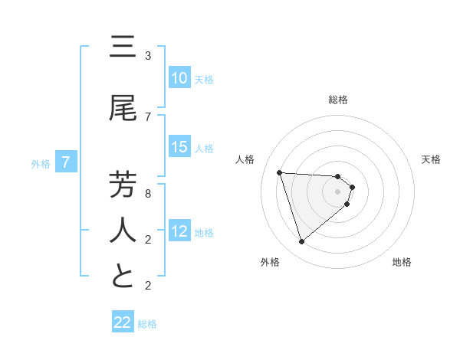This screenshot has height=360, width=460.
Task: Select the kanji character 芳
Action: coord(123,185)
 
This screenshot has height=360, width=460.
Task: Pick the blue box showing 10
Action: coord(179,78)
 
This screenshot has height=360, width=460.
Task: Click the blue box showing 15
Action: coord(179,147)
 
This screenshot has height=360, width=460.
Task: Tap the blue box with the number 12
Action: coord(179,231)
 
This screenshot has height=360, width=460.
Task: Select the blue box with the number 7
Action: coord(66,162)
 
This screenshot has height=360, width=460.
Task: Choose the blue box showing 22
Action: coord(123,322)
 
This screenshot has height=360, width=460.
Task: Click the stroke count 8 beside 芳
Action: coord(148,193)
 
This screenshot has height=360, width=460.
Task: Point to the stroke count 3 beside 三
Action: coord(148,56)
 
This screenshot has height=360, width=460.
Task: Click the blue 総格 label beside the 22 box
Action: coord(147,323)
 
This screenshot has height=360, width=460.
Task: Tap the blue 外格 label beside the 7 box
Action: coord(40,162)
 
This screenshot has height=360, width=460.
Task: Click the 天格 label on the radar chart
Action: coord(432,159)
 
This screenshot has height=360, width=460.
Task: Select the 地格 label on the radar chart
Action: coord(402,262)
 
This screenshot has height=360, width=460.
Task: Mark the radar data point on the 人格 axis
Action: coord(280,172)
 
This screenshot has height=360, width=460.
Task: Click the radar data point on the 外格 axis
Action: coord(302,242)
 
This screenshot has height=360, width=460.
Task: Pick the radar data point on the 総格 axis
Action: coord(338,176)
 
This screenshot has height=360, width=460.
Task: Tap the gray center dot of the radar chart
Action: coord(338,201)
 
